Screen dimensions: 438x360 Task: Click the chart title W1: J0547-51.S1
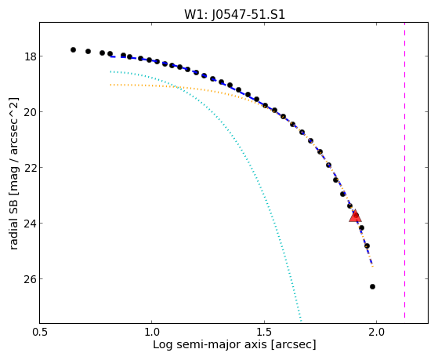click(234, 14)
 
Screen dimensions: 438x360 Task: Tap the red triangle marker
click(355, 216)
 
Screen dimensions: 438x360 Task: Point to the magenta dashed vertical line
click(404, 170)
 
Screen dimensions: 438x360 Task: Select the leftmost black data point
click(73, 49)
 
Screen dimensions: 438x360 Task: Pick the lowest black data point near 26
click(372, 286)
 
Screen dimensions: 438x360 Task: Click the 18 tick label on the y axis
click(30, 56)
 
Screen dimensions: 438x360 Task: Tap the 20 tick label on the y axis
click(30, 112)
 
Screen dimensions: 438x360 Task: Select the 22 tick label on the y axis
click(30, 168)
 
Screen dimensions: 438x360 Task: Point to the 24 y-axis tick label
click(30, 224)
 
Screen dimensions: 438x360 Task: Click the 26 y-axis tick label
click(30, 279)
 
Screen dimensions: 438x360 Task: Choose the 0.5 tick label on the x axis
click(40, 332)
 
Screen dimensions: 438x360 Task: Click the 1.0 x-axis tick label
click(152, 332)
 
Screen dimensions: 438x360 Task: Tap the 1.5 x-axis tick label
click(264, 332)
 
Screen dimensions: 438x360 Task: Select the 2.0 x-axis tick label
click(377, 332)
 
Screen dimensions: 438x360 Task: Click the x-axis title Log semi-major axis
click(209, 344)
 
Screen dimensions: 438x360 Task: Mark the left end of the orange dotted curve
click(110, 85)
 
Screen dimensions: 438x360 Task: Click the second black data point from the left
click(88, 51)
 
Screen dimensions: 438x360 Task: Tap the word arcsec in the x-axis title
click(292, 345)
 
